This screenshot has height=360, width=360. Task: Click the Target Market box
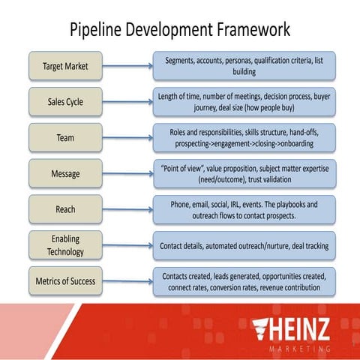pos(65,66)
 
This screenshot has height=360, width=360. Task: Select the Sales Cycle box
pos(65,102)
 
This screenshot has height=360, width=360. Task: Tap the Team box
pos(65,138)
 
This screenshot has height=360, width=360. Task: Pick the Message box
pos(65,174)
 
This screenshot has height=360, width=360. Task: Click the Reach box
pos(65,209)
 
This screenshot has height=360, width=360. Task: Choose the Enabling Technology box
pos(65,245)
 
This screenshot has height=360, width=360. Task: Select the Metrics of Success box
pos(65,281)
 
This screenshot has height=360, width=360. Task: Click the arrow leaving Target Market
pos(127,66)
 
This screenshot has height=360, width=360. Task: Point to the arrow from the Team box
pos(127,138)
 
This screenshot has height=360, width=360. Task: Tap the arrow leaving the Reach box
pos(127,209)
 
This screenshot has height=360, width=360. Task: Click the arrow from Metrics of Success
pos(127,281)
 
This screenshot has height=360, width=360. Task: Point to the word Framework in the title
pos(250,30)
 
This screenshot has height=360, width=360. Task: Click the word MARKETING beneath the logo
pos(299,349)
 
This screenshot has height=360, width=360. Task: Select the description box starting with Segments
pos(244,66)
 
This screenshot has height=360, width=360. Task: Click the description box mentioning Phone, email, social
pos(244,209)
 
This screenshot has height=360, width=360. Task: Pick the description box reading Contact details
pos(244,245)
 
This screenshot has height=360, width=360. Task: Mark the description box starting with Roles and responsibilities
pos(244,138)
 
